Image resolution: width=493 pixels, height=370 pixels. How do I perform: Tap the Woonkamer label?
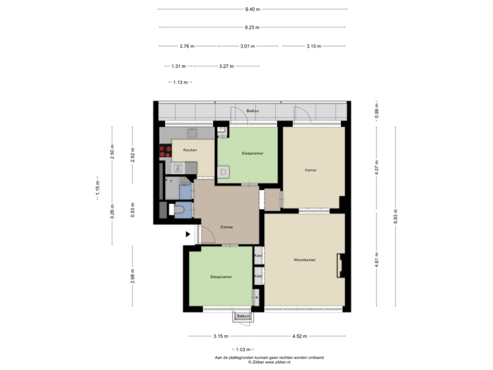click(x=304, y=260)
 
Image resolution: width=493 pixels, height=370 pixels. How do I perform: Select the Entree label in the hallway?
click(x=226, y=227)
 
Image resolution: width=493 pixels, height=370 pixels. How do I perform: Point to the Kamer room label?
click(x=312, y=169)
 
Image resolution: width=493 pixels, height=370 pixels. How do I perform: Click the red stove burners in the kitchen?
click(x=165, y=151)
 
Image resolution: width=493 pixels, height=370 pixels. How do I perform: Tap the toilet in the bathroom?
click(x=179, y=210)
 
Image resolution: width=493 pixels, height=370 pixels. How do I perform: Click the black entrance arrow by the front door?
click(x=188, y=234)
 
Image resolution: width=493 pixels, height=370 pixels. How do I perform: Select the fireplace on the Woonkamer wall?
click(x=339, y=265)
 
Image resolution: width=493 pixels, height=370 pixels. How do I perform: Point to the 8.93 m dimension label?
click(x=396, y=217)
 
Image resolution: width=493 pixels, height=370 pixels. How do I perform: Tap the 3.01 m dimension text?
click(x=247, y=47)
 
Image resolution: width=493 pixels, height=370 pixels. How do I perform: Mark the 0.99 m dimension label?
click(x=376, y=111)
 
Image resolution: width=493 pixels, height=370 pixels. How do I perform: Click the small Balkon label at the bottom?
click(x=242, y=317)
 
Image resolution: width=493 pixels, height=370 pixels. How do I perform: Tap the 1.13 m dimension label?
click(x=181, y=82)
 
